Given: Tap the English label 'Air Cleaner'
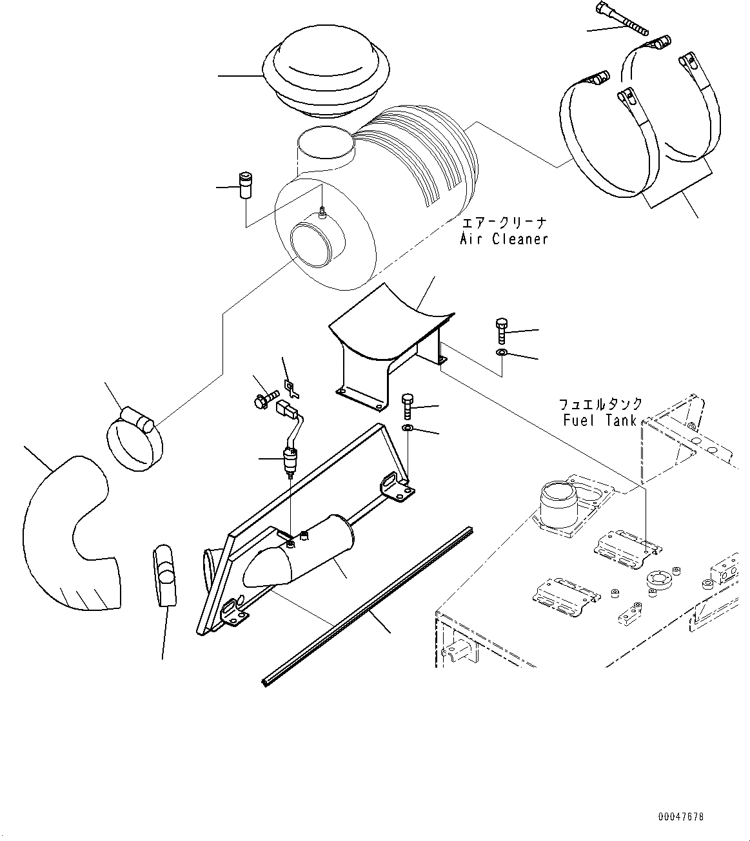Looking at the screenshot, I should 504,239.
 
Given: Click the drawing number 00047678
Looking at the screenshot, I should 680,817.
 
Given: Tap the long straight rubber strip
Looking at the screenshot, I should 368,606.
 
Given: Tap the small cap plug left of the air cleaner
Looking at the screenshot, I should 245,186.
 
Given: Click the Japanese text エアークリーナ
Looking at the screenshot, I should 505,223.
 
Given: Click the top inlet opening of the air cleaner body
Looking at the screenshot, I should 326,147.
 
